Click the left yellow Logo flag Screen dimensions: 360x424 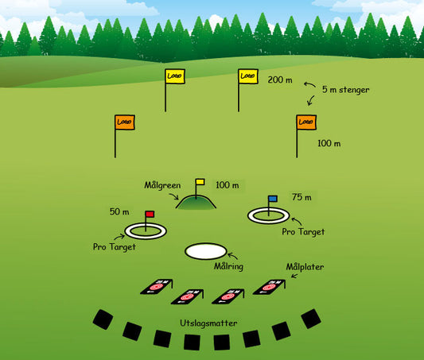[x=174, y=76]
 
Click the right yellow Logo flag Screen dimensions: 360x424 [x=248, y=76]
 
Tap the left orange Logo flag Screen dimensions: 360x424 [x=124, y=122]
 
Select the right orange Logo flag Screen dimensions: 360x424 [x=305, y=122]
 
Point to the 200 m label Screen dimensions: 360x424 [x=280, y=80]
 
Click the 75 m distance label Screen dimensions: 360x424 [x=301, y=197]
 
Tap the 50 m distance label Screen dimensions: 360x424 [x=119, y=212]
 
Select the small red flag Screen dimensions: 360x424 [x=150, y=214]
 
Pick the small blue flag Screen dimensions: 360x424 [x=273, y=199]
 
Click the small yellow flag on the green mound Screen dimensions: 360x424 [x=200, y=182]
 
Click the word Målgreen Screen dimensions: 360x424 [x=162, y=185]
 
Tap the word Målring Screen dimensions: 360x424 [x=228, y=266]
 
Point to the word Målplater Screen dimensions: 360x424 [x=305, y=266]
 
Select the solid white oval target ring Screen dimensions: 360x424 [x=205, y=251]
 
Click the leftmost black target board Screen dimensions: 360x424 [x=157, y=287]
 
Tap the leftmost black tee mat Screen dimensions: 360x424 [x=103, y=319]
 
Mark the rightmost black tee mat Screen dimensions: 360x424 [x=311, y=319]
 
